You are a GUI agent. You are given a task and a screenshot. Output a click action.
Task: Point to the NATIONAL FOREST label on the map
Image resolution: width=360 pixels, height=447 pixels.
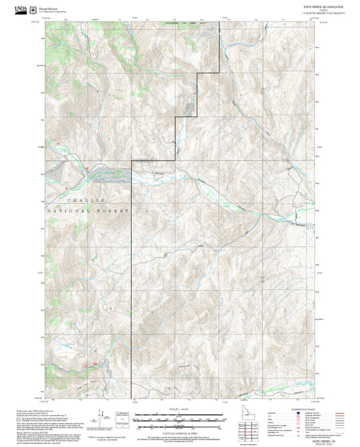click(x=88, y=212)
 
